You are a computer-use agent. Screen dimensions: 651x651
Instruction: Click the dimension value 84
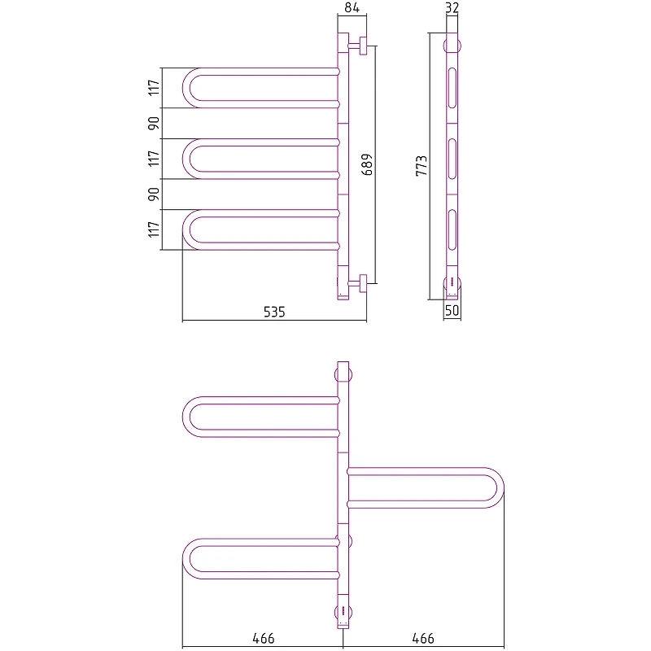352,7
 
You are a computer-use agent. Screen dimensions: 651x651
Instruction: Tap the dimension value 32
452,7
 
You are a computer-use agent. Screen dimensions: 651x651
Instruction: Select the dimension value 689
367,164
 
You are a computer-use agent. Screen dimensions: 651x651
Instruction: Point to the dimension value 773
422,166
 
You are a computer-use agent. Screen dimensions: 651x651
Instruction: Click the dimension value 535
274,312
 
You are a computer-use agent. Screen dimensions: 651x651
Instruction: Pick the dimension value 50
452,310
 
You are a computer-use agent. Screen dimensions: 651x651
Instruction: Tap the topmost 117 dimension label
154,88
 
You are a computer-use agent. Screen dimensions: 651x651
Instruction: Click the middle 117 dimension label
154,159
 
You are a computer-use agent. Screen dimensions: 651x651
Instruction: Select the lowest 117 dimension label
154,229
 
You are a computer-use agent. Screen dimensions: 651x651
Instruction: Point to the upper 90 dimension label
154,124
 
